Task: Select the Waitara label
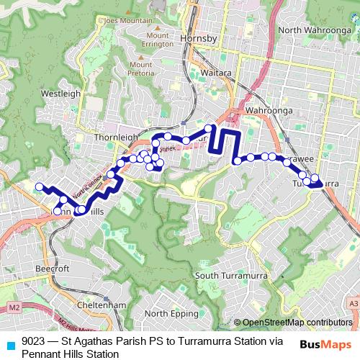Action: click(x=196, y=73)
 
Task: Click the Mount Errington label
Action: click(x=158, y=40)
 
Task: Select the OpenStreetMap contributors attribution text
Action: click(x=297, y=323)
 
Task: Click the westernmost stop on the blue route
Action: click(x=39, y=186)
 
